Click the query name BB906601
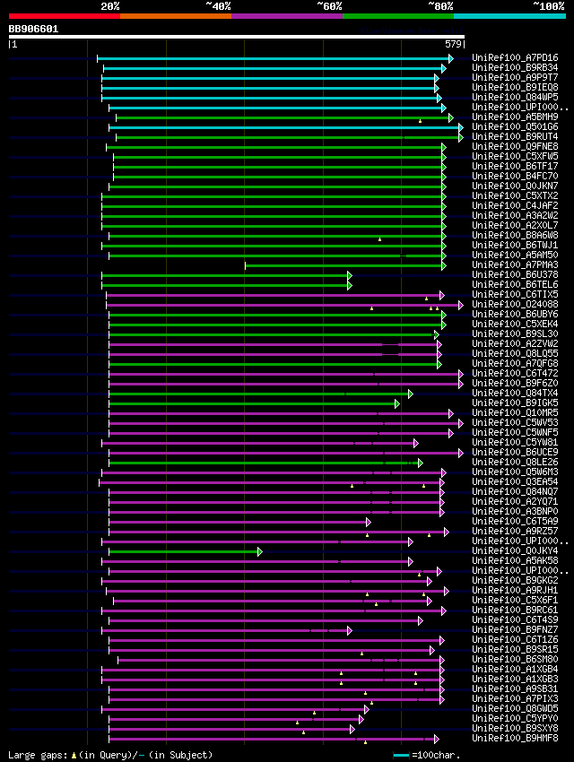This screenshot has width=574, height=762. pos(33,29)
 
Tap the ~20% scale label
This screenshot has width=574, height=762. pos(109,6)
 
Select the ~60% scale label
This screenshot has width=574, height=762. pos(329,6)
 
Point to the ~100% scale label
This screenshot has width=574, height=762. pos(549,6)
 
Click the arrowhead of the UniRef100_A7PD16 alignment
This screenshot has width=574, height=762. pos(451,58)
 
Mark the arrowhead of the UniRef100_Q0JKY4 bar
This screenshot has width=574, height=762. pos(259,551)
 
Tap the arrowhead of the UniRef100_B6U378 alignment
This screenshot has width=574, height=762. pos(349,275)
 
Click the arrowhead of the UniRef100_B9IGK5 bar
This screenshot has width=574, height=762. pos(396,403)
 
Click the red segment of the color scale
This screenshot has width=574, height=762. pos(64,16)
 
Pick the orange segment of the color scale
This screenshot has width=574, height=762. pos(175,16)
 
